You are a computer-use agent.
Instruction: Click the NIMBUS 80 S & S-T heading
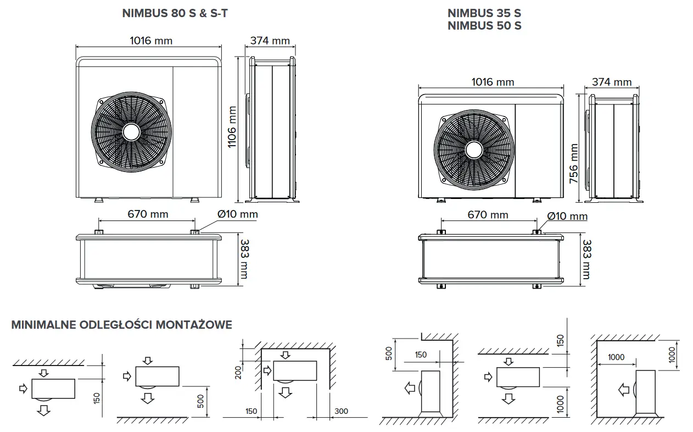pos(175,13)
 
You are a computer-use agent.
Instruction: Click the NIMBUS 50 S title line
pos(484,26)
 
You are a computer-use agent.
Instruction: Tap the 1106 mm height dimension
pos(232,127)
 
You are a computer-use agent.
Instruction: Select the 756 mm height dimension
pos(574,163)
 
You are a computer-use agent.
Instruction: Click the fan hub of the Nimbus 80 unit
pos(131,132)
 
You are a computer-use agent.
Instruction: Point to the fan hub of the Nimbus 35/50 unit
pos(474,150)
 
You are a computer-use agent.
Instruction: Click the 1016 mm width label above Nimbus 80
pos(151,41)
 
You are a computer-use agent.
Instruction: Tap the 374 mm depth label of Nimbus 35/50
pos(612,82)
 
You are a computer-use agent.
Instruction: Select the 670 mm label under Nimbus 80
pos(148,214)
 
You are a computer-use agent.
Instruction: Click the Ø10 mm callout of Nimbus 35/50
pos(567,216)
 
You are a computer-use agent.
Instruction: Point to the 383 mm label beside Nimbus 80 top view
pos(245,259)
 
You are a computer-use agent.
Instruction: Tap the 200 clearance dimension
pos(238,373)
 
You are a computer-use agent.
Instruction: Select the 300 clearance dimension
pos(341,411)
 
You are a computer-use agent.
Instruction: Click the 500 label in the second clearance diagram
pos(200,401)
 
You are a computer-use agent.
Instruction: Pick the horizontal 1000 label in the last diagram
pos(616,357)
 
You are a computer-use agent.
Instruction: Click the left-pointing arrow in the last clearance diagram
pos(623,390)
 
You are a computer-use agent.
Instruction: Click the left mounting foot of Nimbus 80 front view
pos(99,200)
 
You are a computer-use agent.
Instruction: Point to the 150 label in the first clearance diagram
pos(97,398)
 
